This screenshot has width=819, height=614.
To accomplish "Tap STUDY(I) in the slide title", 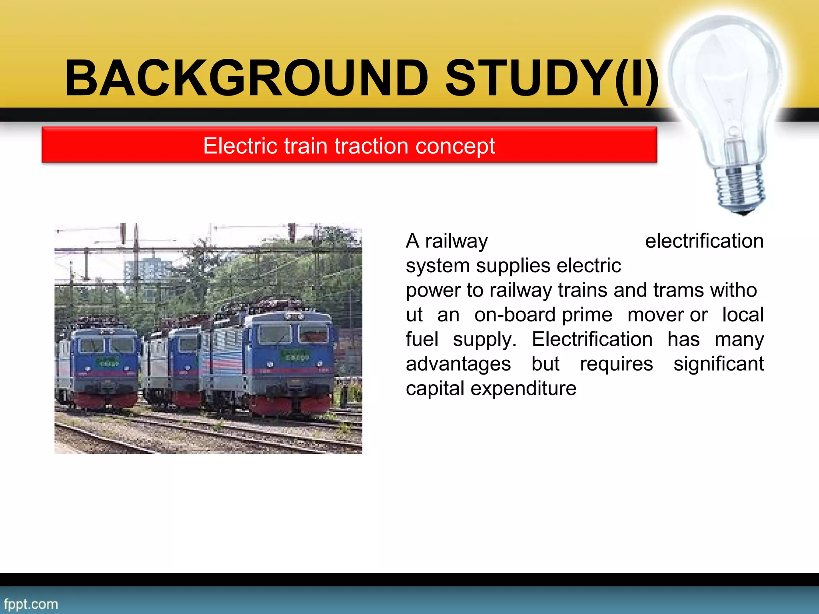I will (x=552, y=78).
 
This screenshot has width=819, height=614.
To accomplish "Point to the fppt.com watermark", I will (x=31, y=604).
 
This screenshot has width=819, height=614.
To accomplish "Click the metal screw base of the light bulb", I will (x=740, y=188).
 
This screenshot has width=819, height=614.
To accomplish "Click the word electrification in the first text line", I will (x=704, y=241).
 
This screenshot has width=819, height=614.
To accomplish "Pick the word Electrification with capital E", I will (x=592, y=339).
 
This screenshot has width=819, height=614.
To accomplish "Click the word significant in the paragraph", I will (x=718, y=364).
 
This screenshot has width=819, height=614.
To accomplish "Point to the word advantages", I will (x=458, y=364).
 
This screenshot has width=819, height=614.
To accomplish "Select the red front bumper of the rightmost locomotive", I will (x=290, y=404).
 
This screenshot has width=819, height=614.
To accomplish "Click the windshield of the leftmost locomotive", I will (x=106, y=345).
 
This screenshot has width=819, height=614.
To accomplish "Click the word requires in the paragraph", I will (x=616, y=364).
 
